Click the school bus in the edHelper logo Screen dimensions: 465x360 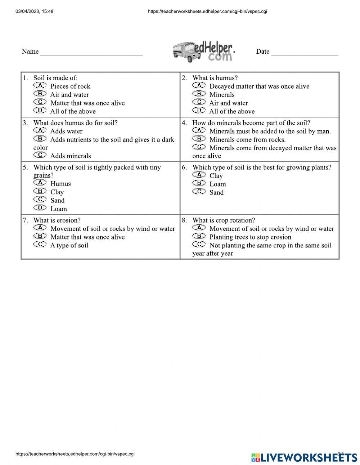[x=186, y=52]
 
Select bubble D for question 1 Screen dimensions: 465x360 [x=40, y=111]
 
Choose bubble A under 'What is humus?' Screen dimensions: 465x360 [x=199, y=85]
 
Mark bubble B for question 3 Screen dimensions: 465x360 [x=40, y=139]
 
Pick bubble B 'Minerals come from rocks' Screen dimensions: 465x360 [x=199, y=139]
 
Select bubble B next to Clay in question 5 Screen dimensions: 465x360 [x=40, y=191]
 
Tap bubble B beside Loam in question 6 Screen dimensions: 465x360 [x=199, y=183]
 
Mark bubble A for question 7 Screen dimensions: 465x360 [x=40, y=228]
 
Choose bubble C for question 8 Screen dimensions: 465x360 [x=199, y=245]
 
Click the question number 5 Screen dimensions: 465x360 [x=25, y=167]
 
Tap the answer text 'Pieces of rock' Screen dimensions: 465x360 [x=70, y=86]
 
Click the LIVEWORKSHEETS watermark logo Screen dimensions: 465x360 [x=304, y=457]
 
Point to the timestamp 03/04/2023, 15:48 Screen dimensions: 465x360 [x=35, y=12]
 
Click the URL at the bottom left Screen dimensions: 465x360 [x=75, y=454]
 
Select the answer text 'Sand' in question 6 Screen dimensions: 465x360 [x=216, y=192]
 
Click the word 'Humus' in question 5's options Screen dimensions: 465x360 [x=60, y=184]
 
